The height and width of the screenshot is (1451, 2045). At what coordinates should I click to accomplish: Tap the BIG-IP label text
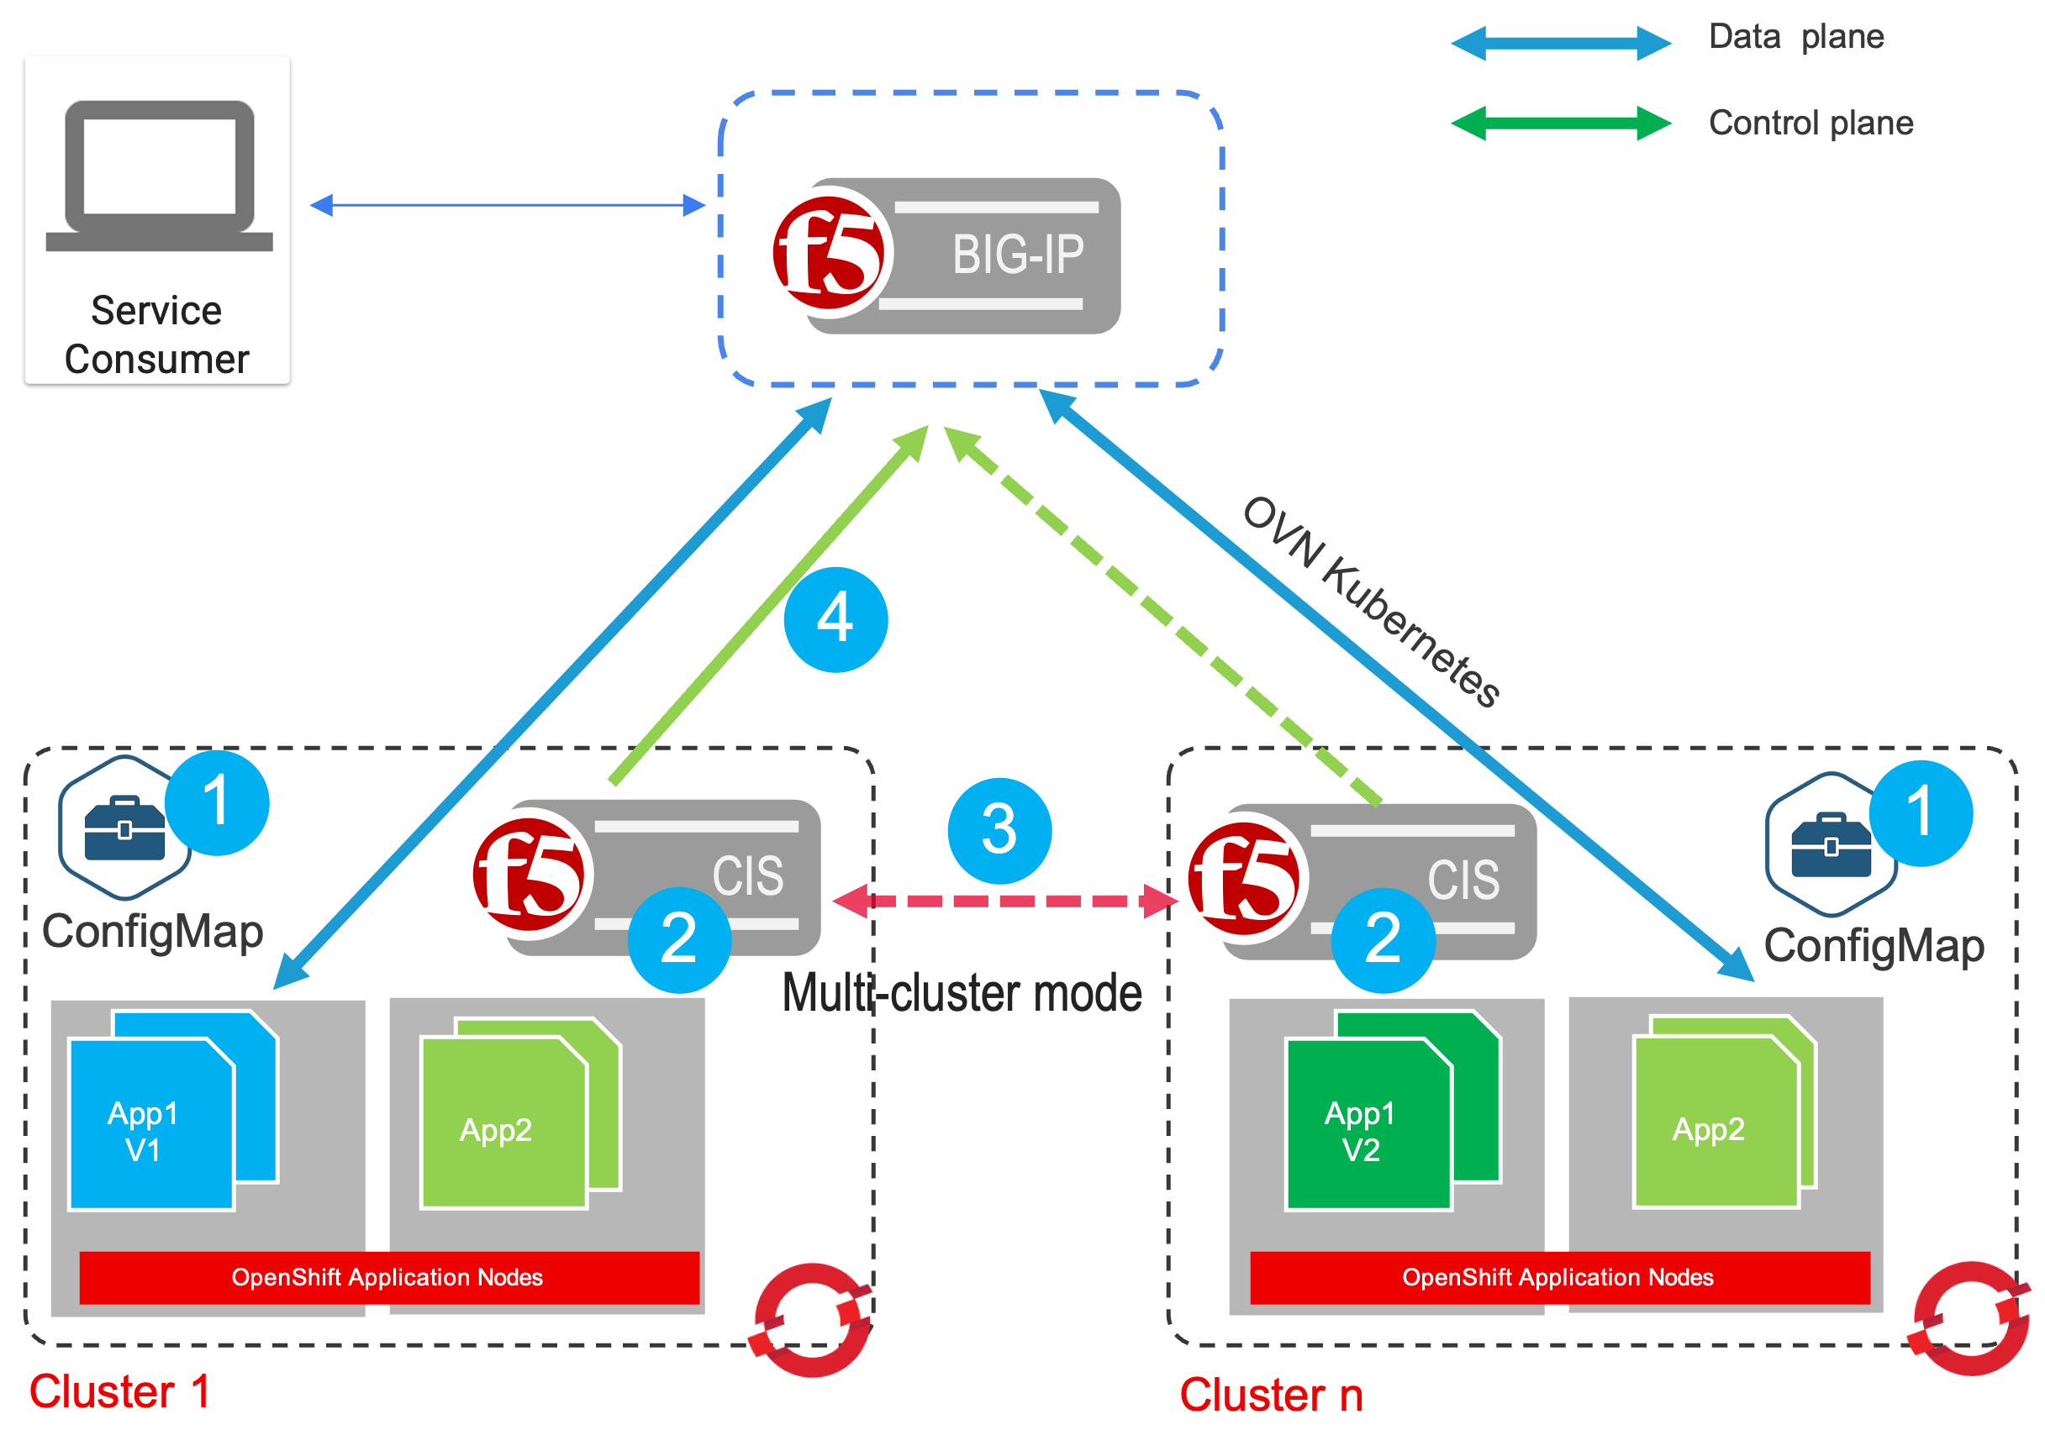coord(1017,255)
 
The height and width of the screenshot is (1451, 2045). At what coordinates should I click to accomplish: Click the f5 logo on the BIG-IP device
coord(829,253)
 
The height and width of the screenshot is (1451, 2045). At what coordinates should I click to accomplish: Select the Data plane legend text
coord(1795,38)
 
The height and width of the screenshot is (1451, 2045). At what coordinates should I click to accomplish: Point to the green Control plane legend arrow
coord(1561,124)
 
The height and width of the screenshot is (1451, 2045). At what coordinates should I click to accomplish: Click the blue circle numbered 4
coord(835,619)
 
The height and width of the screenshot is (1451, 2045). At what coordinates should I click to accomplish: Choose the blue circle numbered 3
coord(999,830)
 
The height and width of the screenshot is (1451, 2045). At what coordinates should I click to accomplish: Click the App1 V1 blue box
coord(151,1124)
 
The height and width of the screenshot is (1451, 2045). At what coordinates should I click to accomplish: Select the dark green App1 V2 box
coord(1368,1124)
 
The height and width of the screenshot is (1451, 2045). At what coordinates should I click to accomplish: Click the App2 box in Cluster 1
coord(503,1122)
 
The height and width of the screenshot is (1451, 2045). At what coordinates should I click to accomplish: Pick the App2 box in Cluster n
coord(1716,1122)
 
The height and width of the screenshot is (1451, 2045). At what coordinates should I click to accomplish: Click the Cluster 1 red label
coord(119,1391)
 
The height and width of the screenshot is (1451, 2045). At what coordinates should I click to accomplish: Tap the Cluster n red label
coord(1271,1395)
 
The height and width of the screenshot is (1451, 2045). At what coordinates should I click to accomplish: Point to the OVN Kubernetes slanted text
coord(1371,602)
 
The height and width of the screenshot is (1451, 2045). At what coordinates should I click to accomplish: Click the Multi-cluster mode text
coord(962,992)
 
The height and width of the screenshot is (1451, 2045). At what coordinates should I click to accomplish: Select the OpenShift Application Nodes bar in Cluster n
coord(1559,1278)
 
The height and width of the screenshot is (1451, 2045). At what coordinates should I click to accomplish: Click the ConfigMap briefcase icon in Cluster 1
coord(124,828)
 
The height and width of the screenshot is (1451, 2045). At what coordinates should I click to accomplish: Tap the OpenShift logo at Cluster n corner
coord(1970,1318)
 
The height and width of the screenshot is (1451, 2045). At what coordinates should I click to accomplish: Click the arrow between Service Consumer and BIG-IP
coord(508,206)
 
